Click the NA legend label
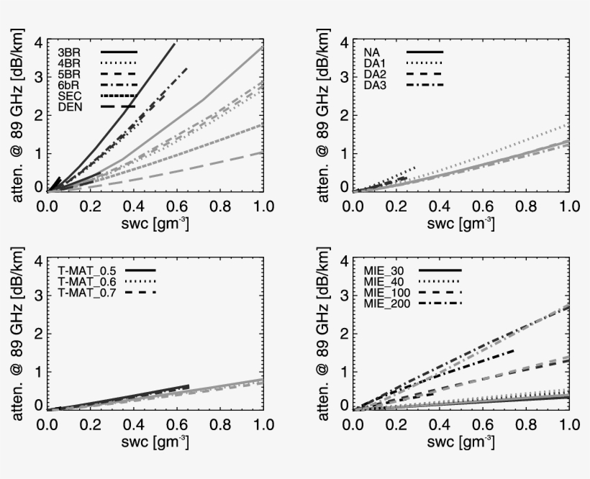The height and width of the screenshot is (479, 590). [x=371, y=53]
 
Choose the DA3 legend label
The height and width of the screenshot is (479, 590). [x=374, y=86]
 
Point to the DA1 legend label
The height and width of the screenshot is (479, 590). [x=374, y=63]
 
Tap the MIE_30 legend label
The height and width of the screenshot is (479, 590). [x=385, y=270]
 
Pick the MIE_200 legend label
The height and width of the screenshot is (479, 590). [x=389, y=304]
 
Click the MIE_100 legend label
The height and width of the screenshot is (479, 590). [x=389, y=292]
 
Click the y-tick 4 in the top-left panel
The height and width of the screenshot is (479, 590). [x=37, y=43]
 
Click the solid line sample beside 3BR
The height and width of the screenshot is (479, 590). [x=119, y=53]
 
